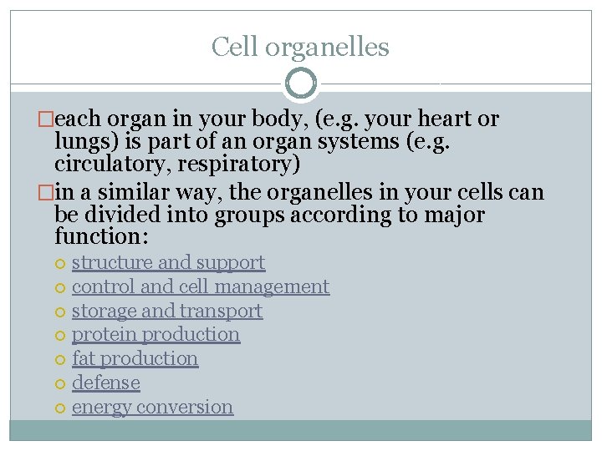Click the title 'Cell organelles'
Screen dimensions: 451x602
coord(300,47)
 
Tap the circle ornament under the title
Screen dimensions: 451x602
coord(301,84)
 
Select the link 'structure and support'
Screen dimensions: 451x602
coord(168,262)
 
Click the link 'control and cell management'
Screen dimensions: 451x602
coord(201,286)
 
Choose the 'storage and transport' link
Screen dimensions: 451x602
coord(167,311)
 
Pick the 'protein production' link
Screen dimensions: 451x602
coord(156,334)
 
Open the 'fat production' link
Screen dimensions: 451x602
coord(135,358)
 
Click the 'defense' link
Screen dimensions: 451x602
coord(105,383)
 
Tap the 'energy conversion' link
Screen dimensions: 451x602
coord(152,407)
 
